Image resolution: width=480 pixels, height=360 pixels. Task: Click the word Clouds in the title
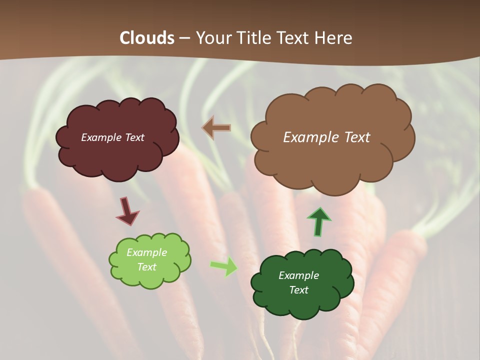[x=146, y=38]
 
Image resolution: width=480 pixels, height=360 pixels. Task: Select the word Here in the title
[x=334, y=38]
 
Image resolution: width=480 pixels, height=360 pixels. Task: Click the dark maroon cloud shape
[x=117, y=155]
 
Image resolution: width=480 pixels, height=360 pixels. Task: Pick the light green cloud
[x=150, y=277]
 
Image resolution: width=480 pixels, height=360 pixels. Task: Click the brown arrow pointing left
[x=216, y=128]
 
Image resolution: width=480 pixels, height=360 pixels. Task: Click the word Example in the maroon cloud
[x=100, y=137]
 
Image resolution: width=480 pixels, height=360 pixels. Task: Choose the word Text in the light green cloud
[x=147, y=267]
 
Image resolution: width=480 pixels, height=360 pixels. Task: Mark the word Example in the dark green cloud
[x=298, y=275]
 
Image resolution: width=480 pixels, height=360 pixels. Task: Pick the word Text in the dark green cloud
[x=298, y=290]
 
